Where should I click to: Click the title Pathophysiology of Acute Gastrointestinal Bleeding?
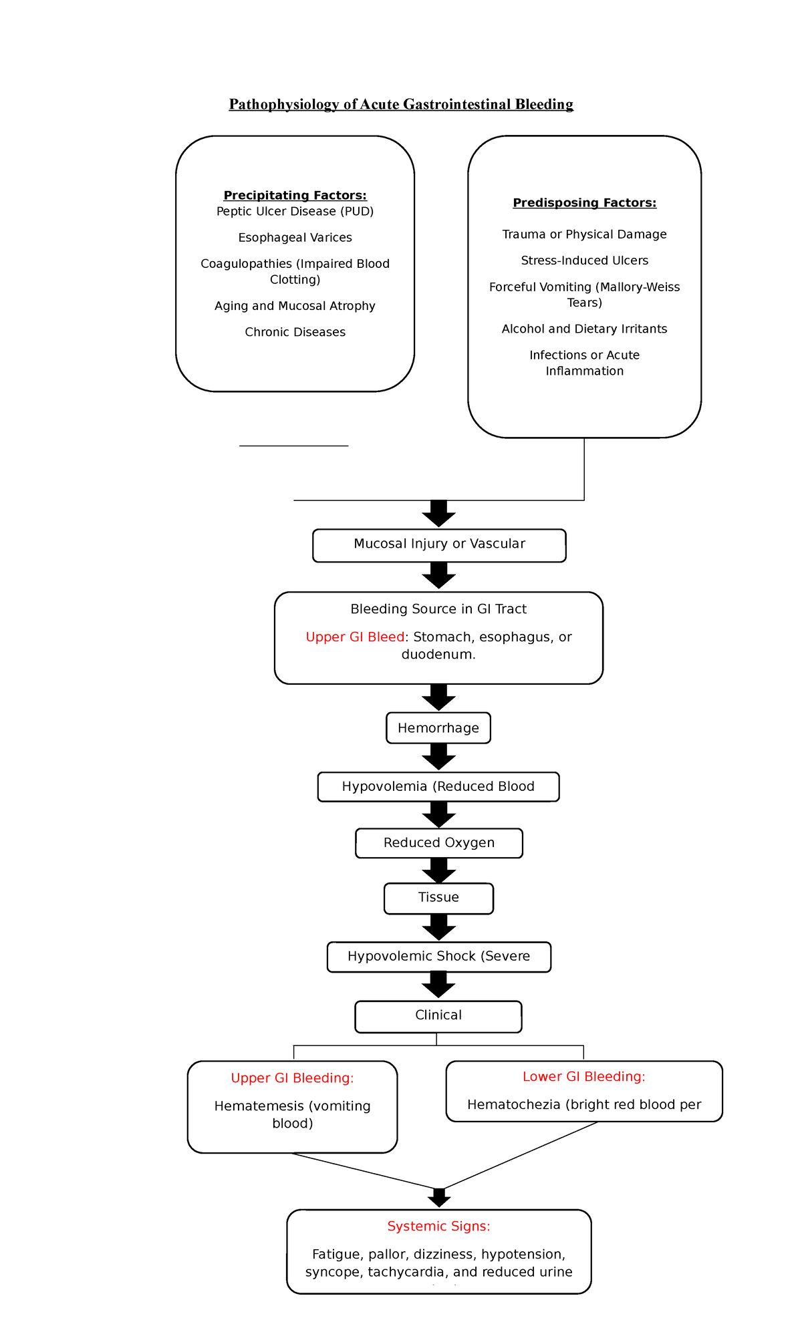[x=401, y=104]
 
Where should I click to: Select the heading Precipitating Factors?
[x=295, y=195]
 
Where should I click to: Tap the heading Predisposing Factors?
[x=584, y=202]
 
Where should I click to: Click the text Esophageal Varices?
[x=295, y=238]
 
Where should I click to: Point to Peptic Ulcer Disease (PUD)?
[x=295, y=211]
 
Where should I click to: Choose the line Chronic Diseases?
[x=295, y=332]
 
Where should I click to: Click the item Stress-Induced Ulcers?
[x=584, y=261]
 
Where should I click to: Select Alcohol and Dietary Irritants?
[x=584, y=329]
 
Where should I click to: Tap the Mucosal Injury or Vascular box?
[x=439, y=544]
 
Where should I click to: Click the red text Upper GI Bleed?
[x=355, y=637]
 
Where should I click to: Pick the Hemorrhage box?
[x=438, y=728]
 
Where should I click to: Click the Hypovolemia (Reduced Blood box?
[x=438, y=786]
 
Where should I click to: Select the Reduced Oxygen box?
[x=439, y=843]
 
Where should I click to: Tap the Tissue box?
[x=438, y=898]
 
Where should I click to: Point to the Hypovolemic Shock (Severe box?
[x=439, y=957]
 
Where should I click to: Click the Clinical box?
[x=438, y=1015]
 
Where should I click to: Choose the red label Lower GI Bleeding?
[x=583, y=1076]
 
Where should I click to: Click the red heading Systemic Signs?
[x=438, y=1226]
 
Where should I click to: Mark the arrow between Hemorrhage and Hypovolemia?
[x=438, y=757]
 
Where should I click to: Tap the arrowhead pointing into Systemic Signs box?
[x=438, y=1199]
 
